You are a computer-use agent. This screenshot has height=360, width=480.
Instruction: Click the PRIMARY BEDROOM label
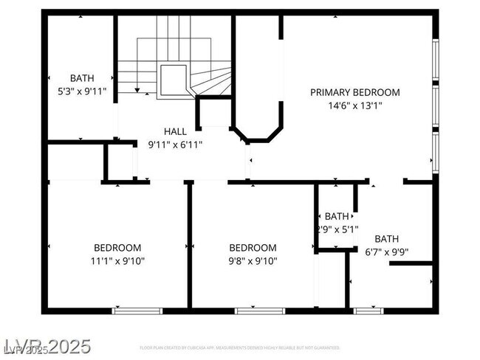pyautogui.click(x=354, y=92)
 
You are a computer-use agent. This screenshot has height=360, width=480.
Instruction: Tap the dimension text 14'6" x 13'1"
pyautogui.click(x=354, y=105)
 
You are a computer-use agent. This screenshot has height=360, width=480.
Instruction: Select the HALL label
pyautogui.click(x=175, y=131)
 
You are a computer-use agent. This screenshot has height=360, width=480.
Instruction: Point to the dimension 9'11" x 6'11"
pyautogui.click(x=175, y=145)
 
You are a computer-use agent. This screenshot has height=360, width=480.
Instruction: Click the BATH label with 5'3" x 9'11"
pyautogui.click(x=82, y=78)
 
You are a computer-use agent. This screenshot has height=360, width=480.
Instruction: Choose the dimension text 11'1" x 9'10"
pyautogui.click(x=117, y=260)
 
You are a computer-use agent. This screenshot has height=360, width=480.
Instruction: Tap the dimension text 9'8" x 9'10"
pyautogui.click(x=253, y=260)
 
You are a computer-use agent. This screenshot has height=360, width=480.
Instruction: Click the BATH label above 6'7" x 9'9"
pyautogui.click(x=385, y=238)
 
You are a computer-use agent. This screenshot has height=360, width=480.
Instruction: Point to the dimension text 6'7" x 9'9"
pyautogui.click(x=385, y=252)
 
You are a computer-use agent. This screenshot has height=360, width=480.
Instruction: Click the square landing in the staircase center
pyautogui.click(x=174, y=77)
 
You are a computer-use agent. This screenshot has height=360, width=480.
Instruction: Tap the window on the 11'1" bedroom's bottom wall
pyautogui.click(x=137, y=311)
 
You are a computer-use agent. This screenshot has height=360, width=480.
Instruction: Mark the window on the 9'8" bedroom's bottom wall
pyautogui.click(x=259, y=311)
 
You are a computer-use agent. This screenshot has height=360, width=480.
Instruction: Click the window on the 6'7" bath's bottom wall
pyautogui.click(x=368, y=311)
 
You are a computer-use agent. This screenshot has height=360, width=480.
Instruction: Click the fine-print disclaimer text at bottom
pyautogui.click(x=240, y=347)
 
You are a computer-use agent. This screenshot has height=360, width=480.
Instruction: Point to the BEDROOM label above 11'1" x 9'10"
pyautogui.click(x=117, y=247)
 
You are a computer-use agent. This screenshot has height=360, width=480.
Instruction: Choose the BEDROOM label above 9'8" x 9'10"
pyautogui.click(x=253, y=247)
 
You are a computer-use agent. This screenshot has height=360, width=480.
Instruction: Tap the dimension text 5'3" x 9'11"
pyautogui.click(x=82, y=91)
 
